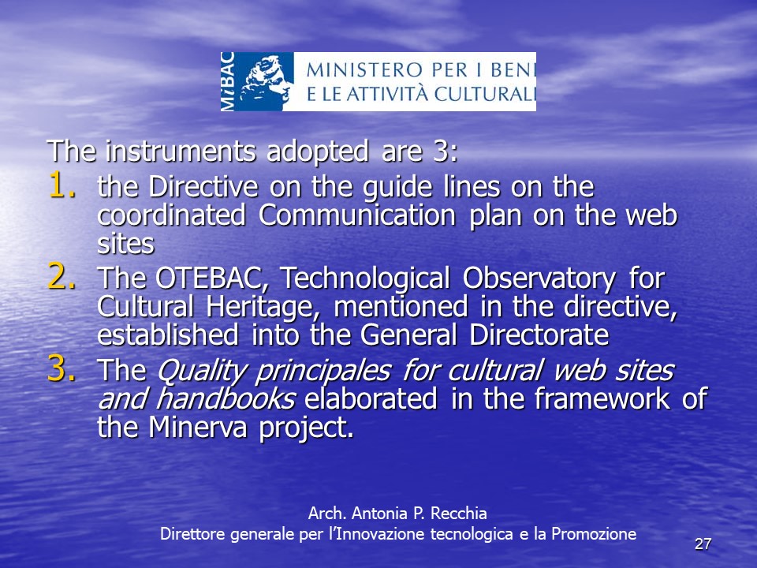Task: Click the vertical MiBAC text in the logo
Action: [228, 81]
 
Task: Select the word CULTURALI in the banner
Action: [485, 94]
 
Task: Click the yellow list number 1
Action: [62, 185]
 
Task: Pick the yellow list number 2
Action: [62, 276]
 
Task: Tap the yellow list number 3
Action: [62, 368]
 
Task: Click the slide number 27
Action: [703, 544]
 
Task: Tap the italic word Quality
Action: [201, 371]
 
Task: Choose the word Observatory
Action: [539, 278]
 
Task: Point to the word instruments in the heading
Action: [181, 151]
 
